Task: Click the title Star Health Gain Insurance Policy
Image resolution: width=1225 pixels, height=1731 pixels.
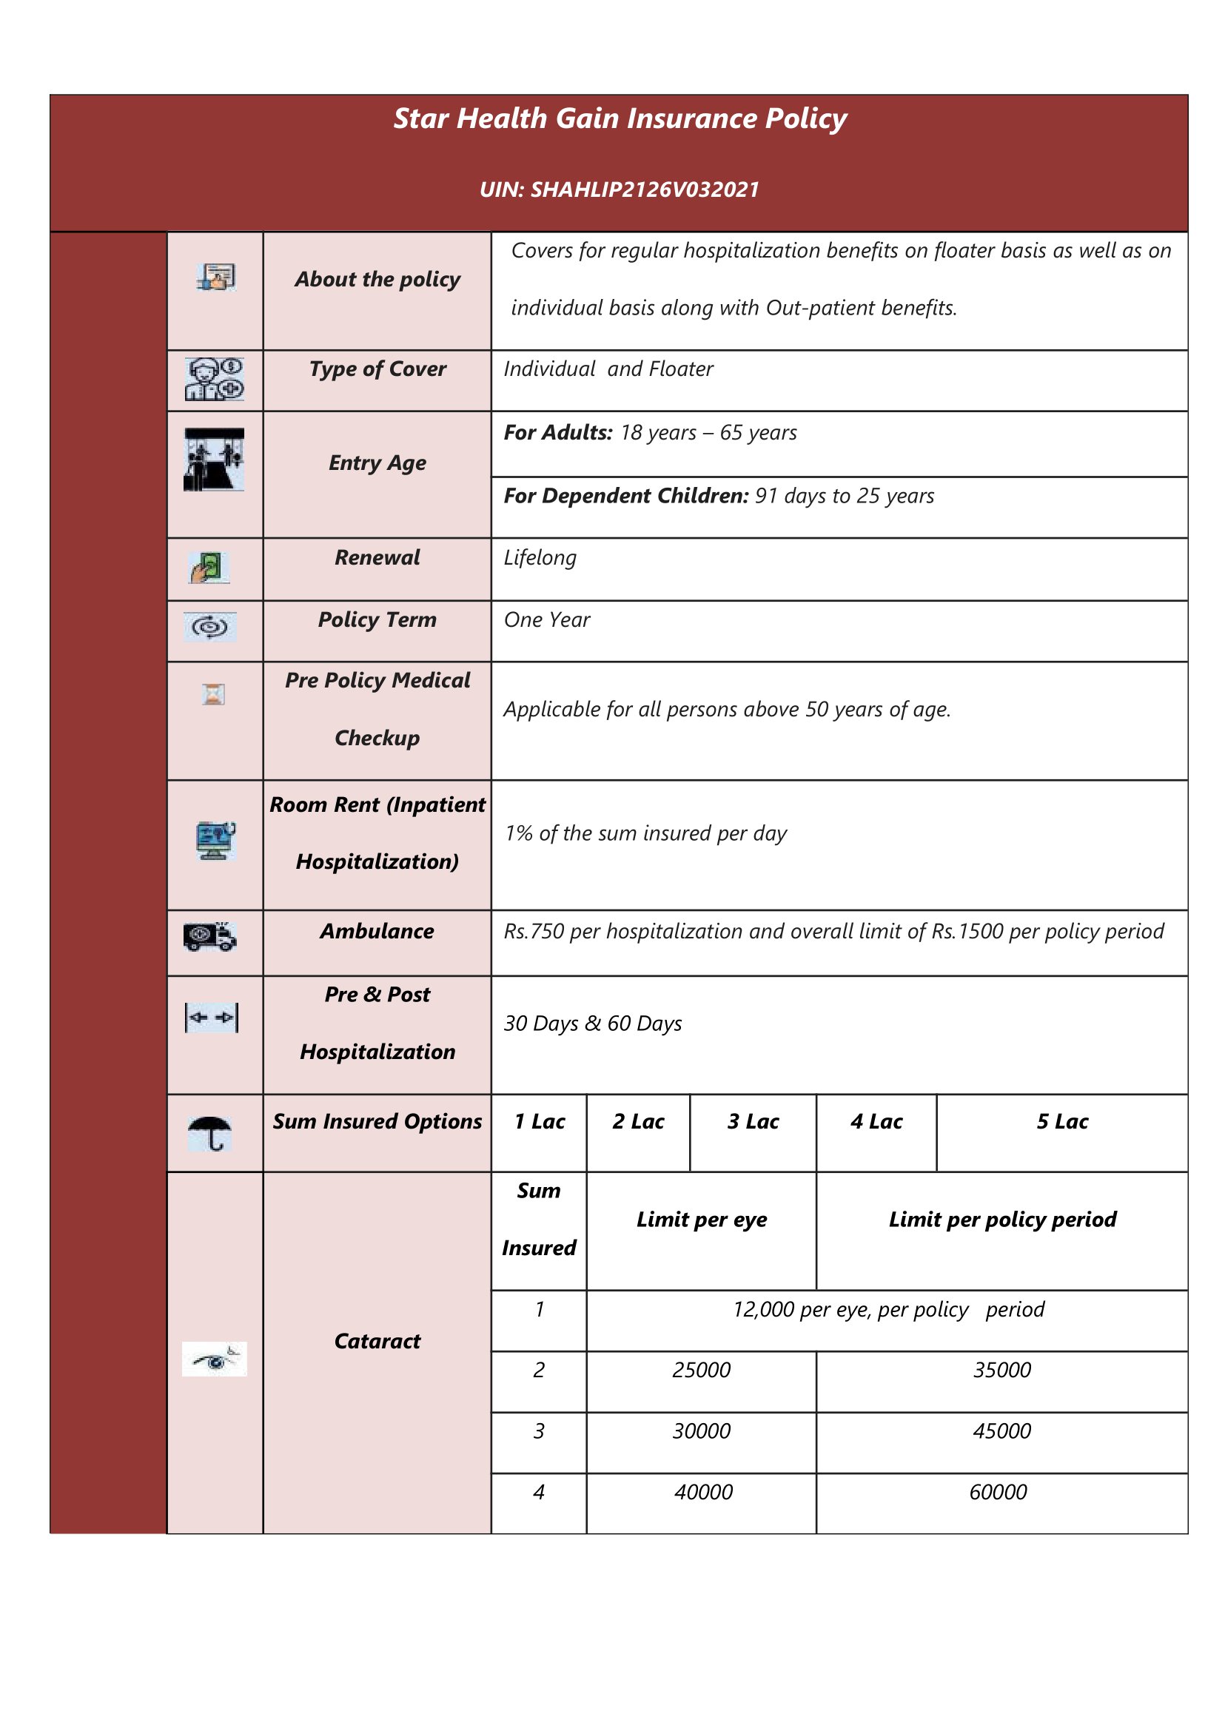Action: (620, 119)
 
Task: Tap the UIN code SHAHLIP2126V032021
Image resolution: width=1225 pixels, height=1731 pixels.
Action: (620, 189)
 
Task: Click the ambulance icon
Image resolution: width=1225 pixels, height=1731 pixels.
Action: (209, 936)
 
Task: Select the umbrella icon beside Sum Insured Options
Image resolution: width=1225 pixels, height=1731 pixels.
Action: (210, 1133)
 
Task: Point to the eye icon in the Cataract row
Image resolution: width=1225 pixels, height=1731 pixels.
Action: (214, 1359)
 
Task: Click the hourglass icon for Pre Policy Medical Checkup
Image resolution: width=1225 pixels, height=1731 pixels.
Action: (214, 694)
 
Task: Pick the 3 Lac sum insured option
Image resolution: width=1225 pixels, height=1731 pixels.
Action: (753, 1122)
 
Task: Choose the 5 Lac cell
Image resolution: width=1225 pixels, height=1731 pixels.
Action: (1062, 1122)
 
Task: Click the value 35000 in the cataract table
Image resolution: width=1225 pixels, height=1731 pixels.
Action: (1001, 1370)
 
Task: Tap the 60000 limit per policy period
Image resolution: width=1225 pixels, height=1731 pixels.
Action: (998, 1492)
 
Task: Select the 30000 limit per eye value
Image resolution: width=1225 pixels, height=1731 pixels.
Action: (702, 1431)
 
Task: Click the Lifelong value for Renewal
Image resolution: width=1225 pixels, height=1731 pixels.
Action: (540, 558)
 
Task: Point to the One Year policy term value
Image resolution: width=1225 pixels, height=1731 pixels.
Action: (547, 620)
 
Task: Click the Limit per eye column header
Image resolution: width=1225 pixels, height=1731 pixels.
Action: (702, 1220)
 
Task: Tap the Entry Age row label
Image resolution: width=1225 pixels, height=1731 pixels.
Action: (377, 463)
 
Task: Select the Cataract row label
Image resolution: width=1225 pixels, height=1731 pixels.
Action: (377, 1341)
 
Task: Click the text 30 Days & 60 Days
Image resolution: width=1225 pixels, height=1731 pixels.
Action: (593, 1024)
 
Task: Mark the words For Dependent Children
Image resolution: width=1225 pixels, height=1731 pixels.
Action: (626, 497)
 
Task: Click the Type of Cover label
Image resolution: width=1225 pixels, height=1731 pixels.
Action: (377, 369)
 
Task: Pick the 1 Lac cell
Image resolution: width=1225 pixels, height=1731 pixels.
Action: (540, 1122)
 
